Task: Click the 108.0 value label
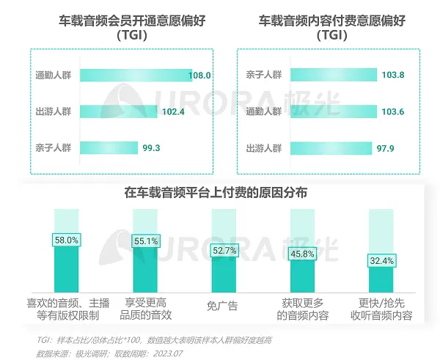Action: click(x=200, y=75)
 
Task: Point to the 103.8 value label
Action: click(x=393, y=75)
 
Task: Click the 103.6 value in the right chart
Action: click(x=393, y=111)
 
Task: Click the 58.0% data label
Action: click(x=67, y=240)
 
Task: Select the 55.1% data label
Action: click(x=145, y=241)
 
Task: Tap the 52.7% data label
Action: click(x=224, y=250)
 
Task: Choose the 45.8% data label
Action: click(x=303, y=254)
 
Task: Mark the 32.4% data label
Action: click(x=381, y=260)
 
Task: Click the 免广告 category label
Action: click(x=224, y=305)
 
